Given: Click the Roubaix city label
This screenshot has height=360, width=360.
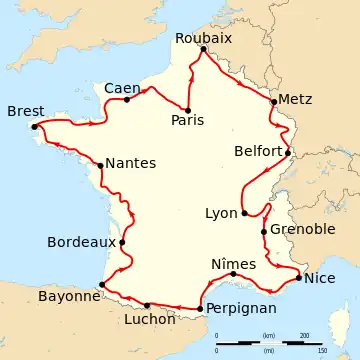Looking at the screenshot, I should [203, 37].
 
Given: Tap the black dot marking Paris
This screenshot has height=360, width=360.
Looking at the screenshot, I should [187, 109].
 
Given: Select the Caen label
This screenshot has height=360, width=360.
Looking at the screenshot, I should [122, 88].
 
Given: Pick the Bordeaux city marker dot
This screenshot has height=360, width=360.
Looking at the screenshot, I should [122, 241].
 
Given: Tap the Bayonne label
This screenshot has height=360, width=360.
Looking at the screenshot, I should [69, 296].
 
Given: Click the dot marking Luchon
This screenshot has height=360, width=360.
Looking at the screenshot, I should [147, 305].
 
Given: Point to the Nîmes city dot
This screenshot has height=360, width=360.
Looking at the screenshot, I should [233, 274].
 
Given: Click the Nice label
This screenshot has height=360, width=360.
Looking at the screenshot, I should [320, 278].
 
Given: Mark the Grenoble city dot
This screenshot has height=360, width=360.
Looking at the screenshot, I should [264, 232].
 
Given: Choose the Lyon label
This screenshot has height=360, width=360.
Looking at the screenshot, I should [221, 213].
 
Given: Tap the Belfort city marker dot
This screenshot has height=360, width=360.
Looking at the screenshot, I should [288, 153].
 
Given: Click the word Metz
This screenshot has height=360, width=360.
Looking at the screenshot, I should [296, 100].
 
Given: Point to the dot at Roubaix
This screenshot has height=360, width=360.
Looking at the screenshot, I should [203, 49].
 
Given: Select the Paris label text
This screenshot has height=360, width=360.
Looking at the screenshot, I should [187, 120].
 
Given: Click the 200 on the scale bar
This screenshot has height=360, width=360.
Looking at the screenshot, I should [304, 335].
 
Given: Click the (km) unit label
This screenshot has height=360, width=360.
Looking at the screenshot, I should [268, 335].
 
